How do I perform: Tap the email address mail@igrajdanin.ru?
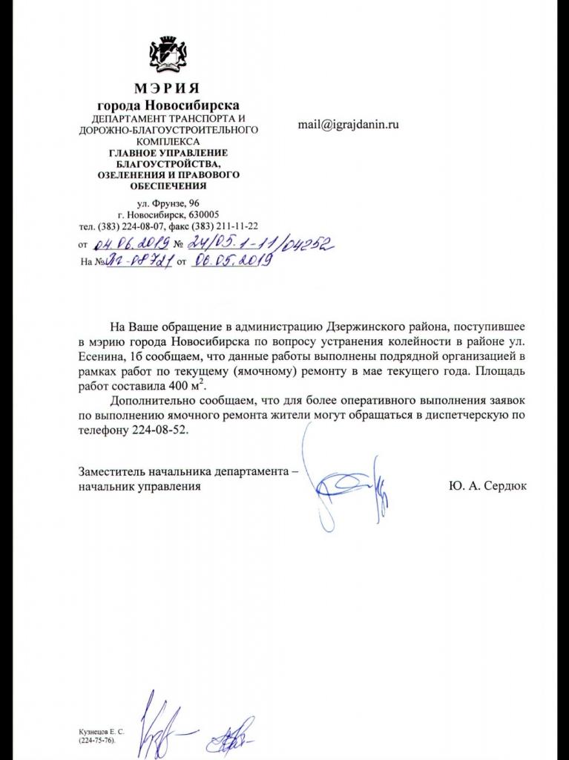[x=348, y=125]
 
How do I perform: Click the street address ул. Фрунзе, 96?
[x=168, y=203]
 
